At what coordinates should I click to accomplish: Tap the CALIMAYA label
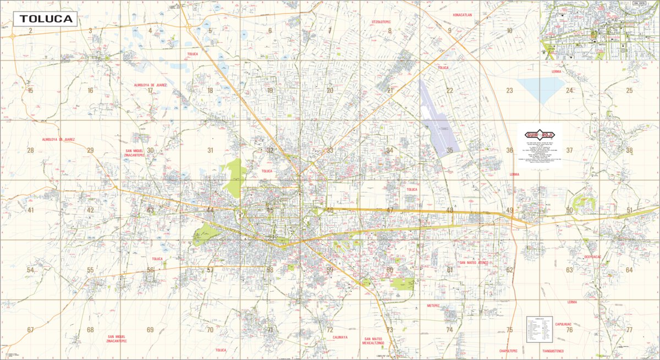tap(336, 337)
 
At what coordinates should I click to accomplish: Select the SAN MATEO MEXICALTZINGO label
tap(377, 340)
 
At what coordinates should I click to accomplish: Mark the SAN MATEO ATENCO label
tap(474, 263)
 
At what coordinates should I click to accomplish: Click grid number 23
tap(509, 91)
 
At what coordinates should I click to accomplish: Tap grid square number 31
tap(210, 150)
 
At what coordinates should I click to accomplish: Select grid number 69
tap(150, 330)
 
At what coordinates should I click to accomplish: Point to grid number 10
tap(509, 31)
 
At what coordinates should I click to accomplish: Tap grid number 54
tap(30, 270)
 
